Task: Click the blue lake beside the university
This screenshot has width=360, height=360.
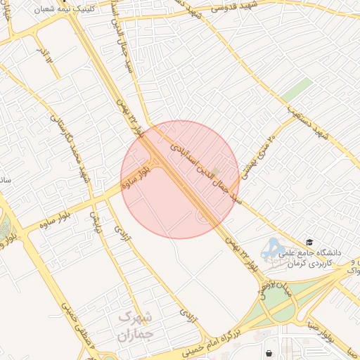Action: point(271,247)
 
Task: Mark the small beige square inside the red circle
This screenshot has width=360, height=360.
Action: point(215,171)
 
